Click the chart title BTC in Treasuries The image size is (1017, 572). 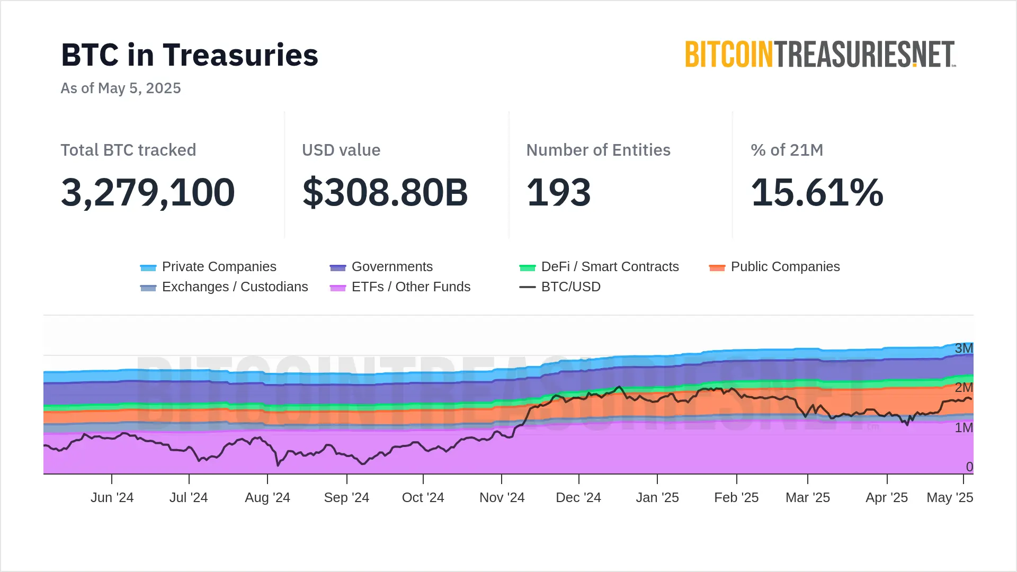coord(190,55)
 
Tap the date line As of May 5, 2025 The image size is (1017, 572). coord(121,88)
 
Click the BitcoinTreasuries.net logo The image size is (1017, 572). coord(820,54)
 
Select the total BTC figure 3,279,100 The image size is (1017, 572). coord(148,192)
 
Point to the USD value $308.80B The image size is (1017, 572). coord(385,192)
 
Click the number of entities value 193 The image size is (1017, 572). coord(558,192)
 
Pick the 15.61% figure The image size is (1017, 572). coord(817,192)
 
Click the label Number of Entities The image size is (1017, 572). coord(598,150)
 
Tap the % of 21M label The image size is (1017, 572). coord(787,150)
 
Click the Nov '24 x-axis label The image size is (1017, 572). coord(502,498)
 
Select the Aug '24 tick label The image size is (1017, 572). coord(267,498)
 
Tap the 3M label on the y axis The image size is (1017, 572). coord(964,348)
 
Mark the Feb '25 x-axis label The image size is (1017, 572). coord(736,498)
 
